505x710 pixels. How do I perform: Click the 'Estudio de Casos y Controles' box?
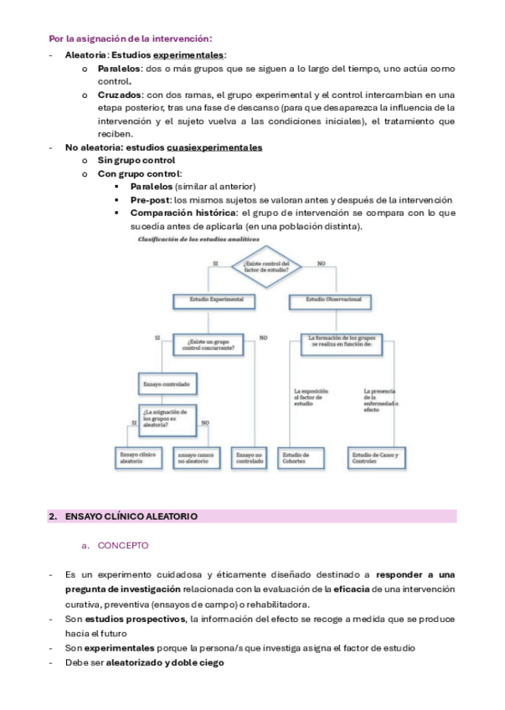point(376,457)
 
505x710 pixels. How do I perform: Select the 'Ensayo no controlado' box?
point(250,457)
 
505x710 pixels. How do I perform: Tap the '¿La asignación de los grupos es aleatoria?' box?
point(170,417)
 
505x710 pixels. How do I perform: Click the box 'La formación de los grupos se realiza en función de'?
point(340,341)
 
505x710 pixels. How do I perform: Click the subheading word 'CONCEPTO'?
point(123,545)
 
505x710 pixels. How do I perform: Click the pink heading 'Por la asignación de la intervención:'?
point(130,39)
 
